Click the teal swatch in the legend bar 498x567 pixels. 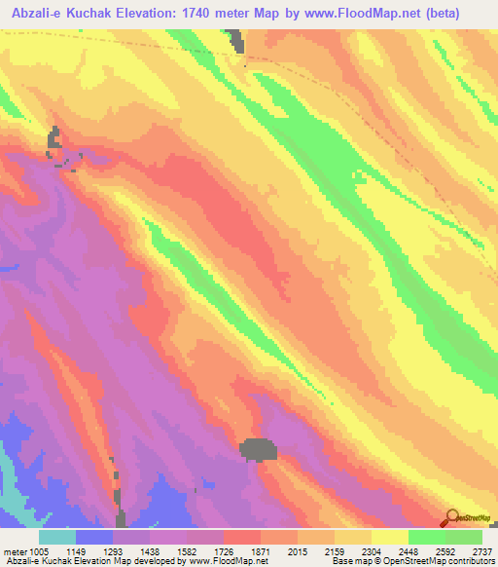pyautogui.click(x=57, y=538)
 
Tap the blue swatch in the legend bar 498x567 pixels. pyautogui.click(x=94, y=538)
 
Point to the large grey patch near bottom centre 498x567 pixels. pyautogui.click(x=258, y=449)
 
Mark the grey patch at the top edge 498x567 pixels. pyautogui.click(x=235, y=39)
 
